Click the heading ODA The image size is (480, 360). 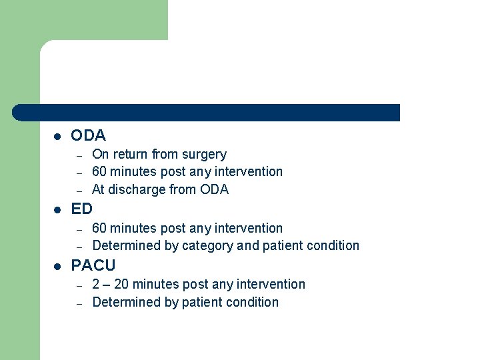tap(88, 135)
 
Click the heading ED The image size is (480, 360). tap(81, 209)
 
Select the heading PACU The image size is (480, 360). tap(93, 265)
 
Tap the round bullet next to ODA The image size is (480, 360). tap(57, 136)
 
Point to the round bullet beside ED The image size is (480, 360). tap(57, 209)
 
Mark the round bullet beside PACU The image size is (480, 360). tap(57, 266)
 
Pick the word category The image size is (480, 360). tap(207, 245)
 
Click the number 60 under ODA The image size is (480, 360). tap(99, 171)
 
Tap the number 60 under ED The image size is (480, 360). tap(99, 228)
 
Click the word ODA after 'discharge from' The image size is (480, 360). tap(214, 189)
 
